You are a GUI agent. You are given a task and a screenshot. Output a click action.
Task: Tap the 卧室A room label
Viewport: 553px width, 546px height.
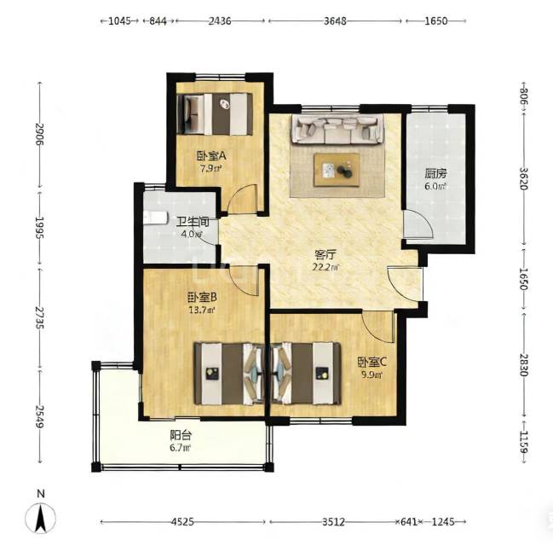[x=211, y=155]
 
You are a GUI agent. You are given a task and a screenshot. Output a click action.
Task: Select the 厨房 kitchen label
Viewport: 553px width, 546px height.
[x=435, y=174]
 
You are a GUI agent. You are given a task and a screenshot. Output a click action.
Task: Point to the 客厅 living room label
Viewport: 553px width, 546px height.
[x=325, y=254]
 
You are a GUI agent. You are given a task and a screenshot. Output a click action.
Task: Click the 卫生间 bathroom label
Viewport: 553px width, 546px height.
[x=193, y=222]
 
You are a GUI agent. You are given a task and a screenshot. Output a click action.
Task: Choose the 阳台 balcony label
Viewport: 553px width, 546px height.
[x=181, y=435]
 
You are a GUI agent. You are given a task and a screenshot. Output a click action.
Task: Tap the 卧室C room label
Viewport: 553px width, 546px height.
[x=372, y=362]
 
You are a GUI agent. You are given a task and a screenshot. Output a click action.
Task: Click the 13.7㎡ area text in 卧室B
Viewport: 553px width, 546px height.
[x=202, y=310]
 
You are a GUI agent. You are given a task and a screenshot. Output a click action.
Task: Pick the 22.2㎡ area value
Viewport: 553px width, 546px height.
[x=325, y=267]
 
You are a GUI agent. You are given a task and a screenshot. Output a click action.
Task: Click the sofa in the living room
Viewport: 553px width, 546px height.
[x=337, y=130]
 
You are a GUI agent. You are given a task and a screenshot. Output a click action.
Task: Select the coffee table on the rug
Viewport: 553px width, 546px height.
[x=337, y=170]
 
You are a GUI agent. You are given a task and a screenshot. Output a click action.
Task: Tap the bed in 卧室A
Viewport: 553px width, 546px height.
[x=215, y=114]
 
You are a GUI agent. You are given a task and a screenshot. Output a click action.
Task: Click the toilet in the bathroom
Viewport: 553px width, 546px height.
[x=155, y=218]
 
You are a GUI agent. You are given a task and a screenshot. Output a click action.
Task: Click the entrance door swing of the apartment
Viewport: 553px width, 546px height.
[x=405, y=284]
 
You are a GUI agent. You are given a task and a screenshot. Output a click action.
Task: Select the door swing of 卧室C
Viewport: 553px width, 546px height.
[x=378, y=327]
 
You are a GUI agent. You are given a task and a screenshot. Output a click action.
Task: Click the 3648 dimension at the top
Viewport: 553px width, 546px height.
[x=335, y=20]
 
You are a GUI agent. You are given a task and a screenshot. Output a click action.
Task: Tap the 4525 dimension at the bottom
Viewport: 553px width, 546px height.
[x=182, y=521]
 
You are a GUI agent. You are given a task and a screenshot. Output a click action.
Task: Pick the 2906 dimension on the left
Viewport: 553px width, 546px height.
[x=39, y=134]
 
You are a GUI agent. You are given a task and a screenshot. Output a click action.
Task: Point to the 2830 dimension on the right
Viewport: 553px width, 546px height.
[x=524, y=366]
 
